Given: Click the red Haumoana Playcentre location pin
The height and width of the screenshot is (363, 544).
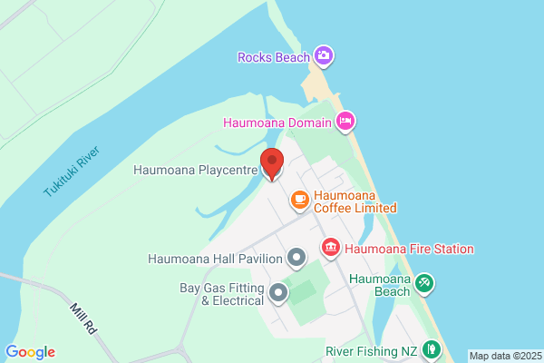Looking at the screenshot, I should pyautogui.click(x=271, y=164).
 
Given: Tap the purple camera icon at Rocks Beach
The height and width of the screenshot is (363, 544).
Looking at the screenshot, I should pyautogui.click(x=324, y=56).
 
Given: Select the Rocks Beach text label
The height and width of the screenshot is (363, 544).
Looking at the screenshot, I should pyautogui.click(x=272, y=57).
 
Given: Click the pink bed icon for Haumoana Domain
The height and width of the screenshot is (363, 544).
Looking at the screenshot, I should pyautogui.click(x=345, y=121).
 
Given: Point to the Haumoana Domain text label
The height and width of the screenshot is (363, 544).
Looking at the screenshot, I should pyautogui.click(x=277, y=122).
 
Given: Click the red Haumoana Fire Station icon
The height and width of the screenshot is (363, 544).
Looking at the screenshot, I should pyautogui.click(x=331, y=247).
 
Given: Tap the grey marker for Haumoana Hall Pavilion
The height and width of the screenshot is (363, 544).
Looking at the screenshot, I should pyautogui.click(x=296, y=259).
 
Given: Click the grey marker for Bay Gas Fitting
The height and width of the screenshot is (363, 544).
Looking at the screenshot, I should pyautogui.click(x=278, y=293).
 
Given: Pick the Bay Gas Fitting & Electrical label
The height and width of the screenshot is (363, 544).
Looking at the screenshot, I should pyautogui.click(x=221, y=294).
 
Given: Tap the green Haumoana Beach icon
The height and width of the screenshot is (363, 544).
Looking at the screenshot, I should pyautogui.click(x=423, y=284).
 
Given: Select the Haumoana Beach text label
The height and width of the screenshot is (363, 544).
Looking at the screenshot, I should pyautogui.click(x=380, y=285).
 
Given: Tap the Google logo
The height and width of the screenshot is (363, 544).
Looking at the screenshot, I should pyautogui.click(x=30, y=352).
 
